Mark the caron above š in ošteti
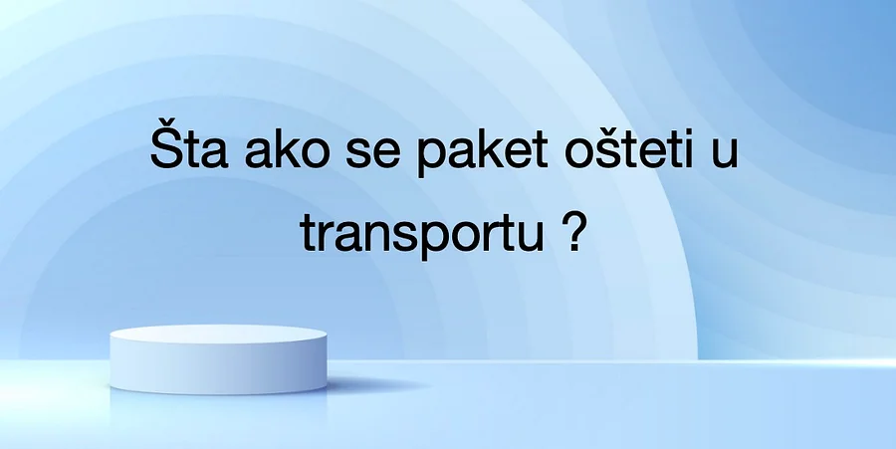click(x=608, y=127)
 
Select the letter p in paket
click(x=430, y=158)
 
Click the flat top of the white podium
click(x=218, y=335)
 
